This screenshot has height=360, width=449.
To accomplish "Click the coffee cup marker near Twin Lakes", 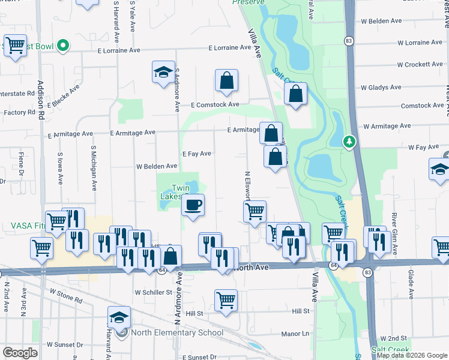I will [193, 206].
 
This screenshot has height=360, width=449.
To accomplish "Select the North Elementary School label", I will [178, 333].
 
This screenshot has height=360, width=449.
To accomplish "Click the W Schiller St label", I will [154, 293].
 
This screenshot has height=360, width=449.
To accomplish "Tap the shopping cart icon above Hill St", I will [226, 301].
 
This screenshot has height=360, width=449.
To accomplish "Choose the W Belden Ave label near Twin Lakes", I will [157, 166].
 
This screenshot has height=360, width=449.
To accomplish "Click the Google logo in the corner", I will [20, 353].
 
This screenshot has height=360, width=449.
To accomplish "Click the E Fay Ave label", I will [197, 154].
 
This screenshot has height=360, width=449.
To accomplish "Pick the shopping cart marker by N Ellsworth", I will [255, 212].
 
